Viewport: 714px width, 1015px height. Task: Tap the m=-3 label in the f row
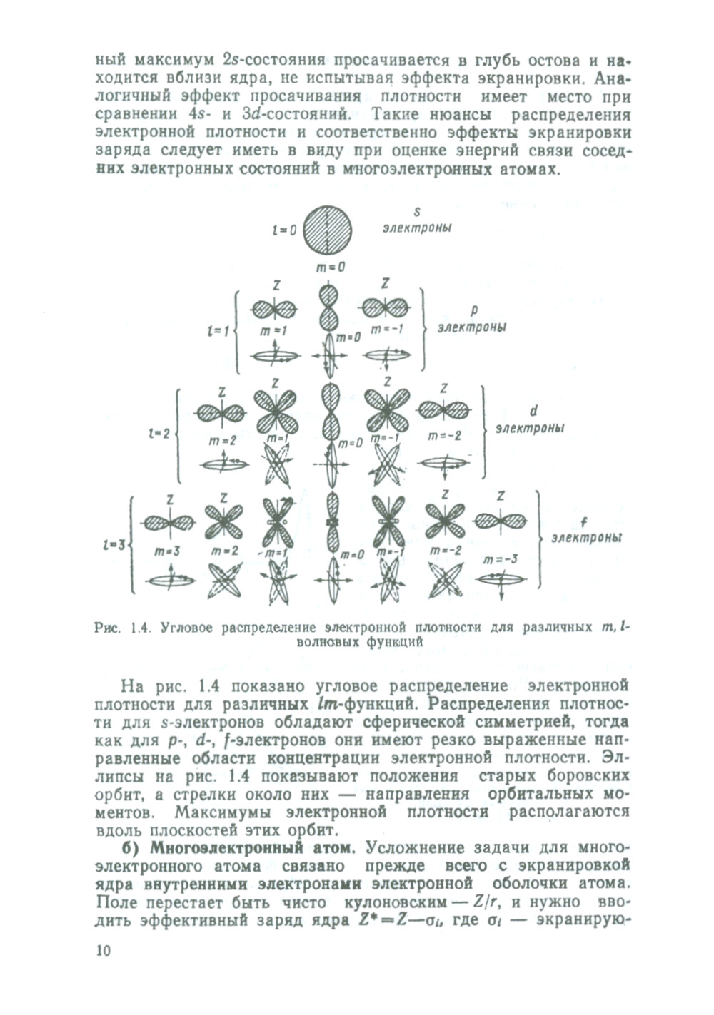click(x=498, y=559)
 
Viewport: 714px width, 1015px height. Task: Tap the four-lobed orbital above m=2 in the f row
click(x=223, y=521)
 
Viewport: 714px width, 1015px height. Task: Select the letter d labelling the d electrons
click(x=533, y=412)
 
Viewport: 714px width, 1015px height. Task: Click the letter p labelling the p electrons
click(x=474, y=310)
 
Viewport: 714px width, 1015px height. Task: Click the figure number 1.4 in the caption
click(x=139, y=628)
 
